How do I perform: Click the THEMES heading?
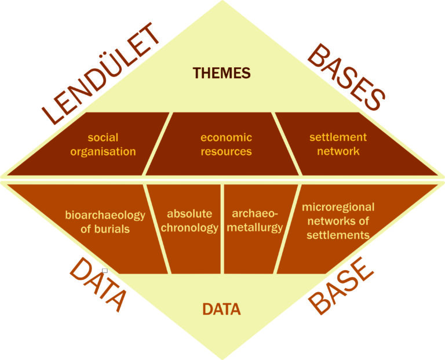[x=222, y=73]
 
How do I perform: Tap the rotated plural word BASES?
[x=346, y=76]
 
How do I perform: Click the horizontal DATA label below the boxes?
[x=221, y=310]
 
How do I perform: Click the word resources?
[x=226, y=152]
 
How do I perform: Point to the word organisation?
[x=103, y=152]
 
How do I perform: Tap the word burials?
[x=113, y=229]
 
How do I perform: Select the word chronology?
[x=189, y=228]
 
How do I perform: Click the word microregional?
[x=338, y=207]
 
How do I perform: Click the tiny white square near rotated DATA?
[x=104, y=270]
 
